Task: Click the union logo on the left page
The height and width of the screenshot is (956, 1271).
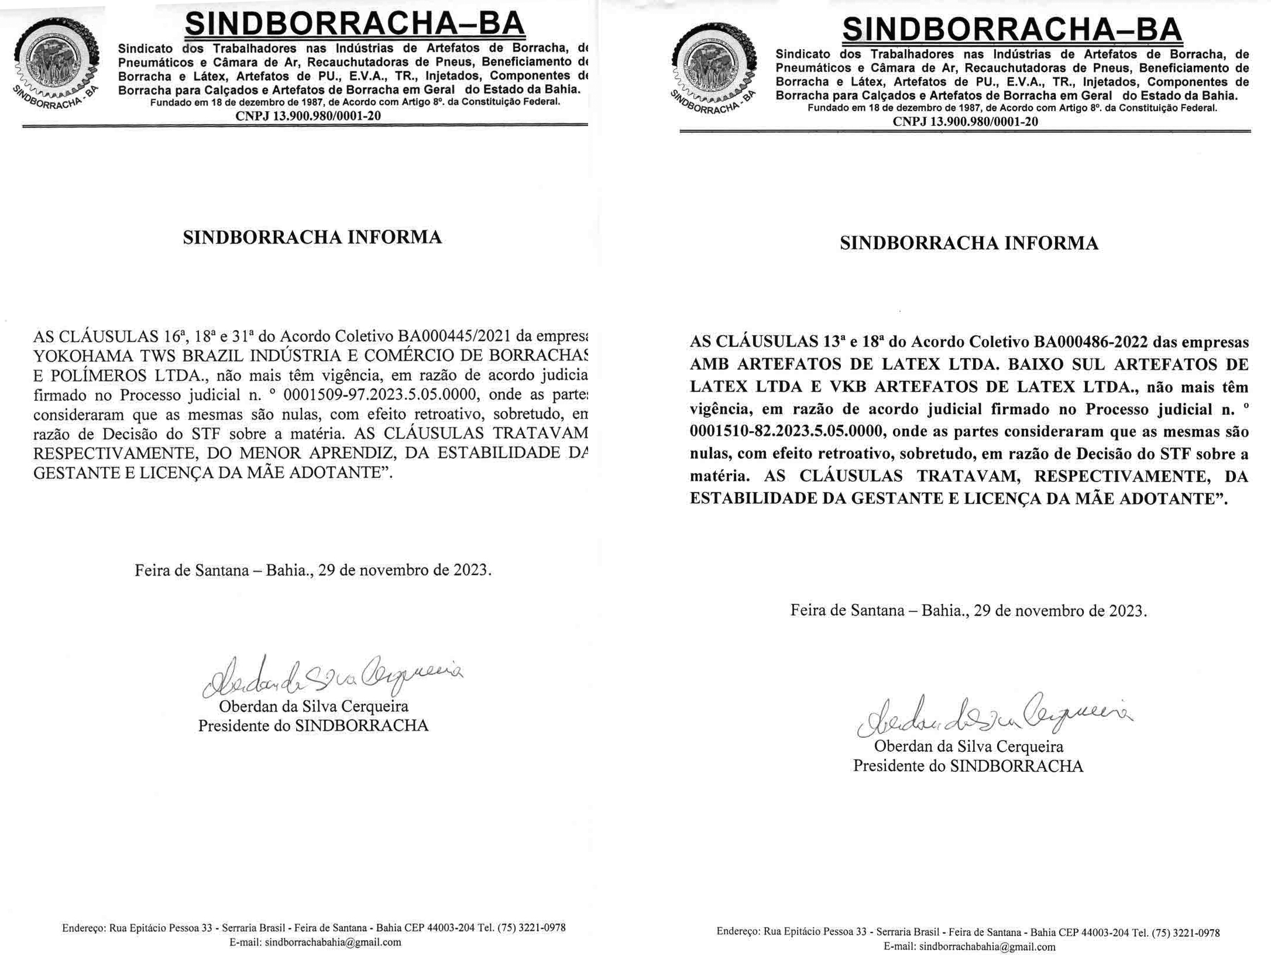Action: point(55,65)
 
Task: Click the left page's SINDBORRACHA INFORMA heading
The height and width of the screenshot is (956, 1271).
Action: point(312,238)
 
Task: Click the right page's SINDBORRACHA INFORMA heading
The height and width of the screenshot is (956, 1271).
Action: point(968,243)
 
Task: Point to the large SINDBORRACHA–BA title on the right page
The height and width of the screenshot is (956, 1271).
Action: point(1012,29)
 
